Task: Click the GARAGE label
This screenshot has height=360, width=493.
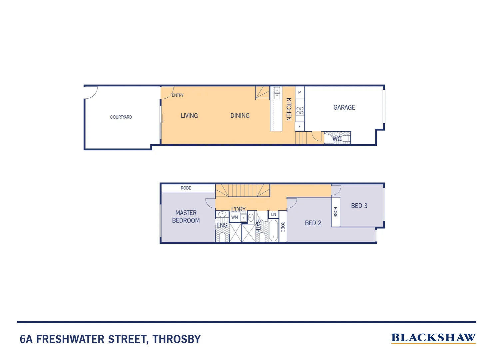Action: click(344, 107)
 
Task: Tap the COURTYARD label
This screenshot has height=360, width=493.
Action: click(121, 117)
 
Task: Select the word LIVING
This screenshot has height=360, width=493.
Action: click(189, 116)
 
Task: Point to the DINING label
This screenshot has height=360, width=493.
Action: click(240, 116)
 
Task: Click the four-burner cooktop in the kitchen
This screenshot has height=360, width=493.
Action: click(300, 111)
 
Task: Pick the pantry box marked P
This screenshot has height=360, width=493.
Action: click(299, 93)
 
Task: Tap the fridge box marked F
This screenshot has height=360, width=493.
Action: click(299, 127)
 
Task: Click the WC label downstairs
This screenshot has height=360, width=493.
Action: click(337, 139)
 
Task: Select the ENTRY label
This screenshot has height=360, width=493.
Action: click(178, 95)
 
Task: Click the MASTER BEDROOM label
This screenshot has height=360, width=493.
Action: click(186, 217)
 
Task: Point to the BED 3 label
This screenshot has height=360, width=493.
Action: click(359, 206)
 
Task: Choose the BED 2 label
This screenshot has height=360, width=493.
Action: click(313, 223)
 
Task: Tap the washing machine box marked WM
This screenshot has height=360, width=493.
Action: click(235, 217)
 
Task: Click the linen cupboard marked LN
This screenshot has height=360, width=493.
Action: click(273, 214)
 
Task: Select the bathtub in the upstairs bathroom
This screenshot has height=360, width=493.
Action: click(273, 230)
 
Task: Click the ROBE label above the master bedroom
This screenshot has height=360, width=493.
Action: click(186, 188)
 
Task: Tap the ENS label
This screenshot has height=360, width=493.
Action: click(222, 226)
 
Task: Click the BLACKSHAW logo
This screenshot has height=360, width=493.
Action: click(433, 338)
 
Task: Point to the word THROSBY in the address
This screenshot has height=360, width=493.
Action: click(177, 339)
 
